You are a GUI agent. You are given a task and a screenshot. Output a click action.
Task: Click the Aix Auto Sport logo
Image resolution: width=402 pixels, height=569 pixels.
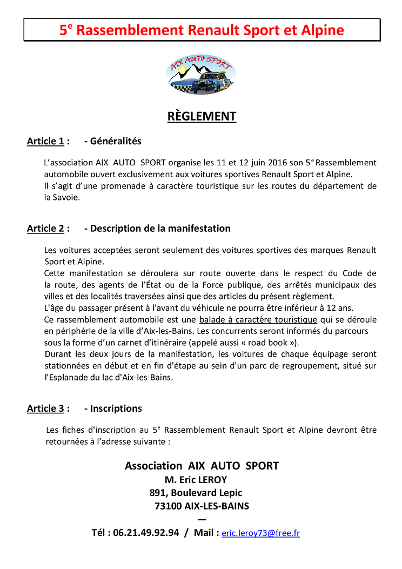point(201,75)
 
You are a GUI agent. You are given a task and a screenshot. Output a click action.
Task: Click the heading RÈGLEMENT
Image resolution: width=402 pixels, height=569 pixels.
point(201,116)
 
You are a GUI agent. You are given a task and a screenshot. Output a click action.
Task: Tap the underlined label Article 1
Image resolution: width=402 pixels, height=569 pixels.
point(45,142)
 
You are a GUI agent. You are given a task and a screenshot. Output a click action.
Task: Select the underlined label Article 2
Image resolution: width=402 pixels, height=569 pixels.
point(45,229)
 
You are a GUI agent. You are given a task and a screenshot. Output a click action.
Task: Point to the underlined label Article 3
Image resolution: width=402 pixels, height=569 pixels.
point(45,409)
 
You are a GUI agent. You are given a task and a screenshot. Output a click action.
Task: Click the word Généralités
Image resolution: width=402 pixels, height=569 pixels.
point(116,142)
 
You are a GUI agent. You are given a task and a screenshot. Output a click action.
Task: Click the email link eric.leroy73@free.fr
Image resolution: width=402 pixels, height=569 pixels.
point(260,533)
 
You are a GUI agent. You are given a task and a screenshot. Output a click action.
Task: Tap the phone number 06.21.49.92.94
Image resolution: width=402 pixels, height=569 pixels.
point(146,533)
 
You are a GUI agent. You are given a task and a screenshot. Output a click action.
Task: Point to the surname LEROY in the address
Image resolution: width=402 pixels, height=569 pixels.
point(209,480)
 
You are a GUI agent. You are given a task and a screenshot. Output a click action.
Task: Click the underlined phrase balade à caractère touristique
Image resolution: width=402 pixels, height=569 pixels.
point(258,320)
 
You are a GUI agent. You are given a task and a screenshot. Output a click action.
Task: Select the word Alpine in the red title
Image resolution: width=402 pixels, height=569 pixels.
point(320,30)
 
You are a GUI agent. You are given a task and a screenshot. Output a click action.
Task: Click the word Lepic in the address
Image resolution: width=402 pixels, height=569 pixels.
point(230,493)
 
